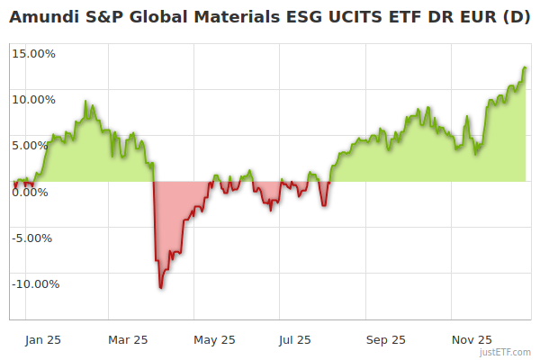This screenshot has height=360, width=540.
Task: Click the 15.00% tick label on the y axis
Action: click(34, 53)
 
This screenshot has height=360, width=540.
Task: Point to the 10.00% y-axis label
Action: click(34, 99)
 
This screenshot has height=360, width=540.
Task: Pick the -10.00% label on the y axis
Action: click(35, 284)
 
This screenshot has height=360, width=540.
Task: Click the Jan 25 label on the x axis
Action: click(42, 340)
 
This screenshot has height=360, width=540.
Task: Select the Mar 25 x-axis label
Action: click(128, 340)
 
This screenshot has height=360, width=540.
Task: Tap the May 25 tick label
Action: click(214, 340)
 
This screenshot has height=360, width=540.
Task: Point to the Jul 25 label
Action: click(295, 340)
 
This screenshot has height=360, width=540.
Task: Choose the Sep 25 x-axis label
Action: click(385, 340)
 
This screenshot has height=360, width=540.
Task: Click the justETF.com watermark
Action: click(505, 353)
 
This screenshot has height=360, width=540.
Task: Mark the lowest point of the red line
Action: click(160, 287)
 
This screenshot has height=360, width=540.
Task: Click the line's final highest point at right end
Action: click(525, 67)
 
